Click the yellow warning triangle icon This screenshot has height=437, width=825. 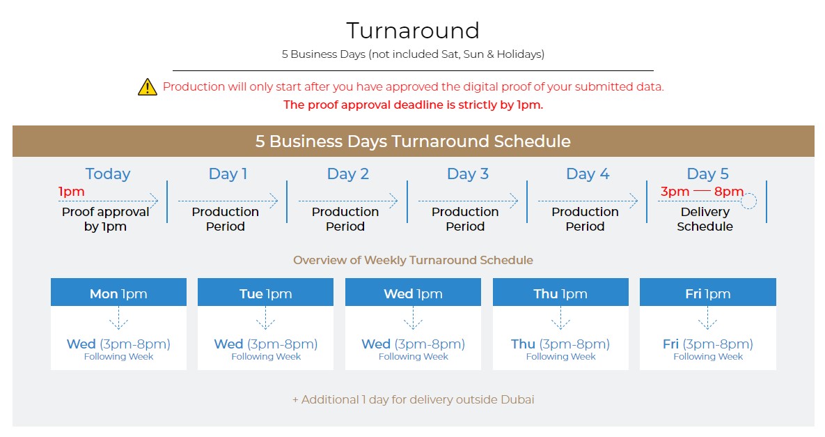pos(148,87)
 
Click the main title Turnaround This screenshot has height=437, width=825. pos(413,31)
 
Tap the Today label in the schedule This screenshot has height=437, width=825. pos(108,174)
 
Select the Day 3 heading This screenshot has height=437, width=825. pos(468,174)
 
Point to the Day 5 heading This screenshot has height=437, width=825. pos(707,174)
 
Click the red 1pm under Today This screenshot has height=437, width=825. pos(71,192)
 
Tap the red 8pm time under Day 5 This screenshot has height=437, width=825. pos(729,192)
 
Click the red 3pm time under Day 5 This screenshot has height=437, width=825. pos(675,192)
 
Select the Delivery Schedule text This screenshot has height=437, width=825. pos(705,219)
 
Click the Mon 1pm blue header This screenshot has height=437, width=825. pos(118,292)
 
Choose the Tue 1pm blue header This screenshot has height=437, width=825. pos(266,292)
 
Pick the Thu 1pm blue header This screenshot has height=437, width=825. pos(560,292)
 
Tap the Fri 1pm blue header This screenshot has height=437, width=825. pos(707,292)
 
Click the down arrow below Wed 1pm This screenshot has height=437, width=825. pos(413,318)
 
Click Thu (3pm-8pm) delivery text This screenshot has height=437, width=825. pos(560,344)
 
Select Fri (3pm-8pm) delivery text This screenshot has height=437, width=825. pos(707,344)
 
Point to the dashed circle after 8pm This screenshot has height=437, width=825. pos(748,201)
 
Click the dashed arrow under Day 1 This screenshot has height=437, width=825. pos(228,201)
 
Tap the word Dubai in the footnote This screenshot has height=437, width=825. pos(517,399)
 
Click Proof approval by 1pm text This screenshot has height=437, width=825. pos(105,219)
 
